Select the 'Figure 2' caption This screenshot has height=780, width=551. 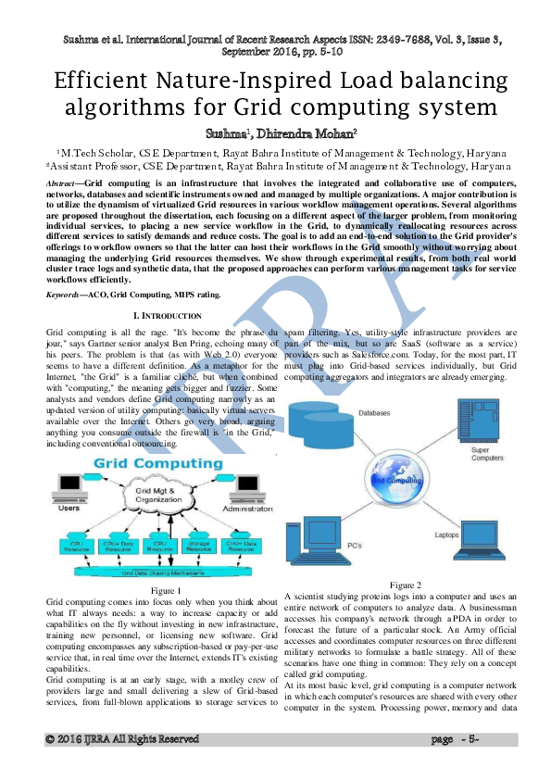405,585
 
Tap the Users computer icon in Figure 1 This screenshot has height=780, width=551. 70,492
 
